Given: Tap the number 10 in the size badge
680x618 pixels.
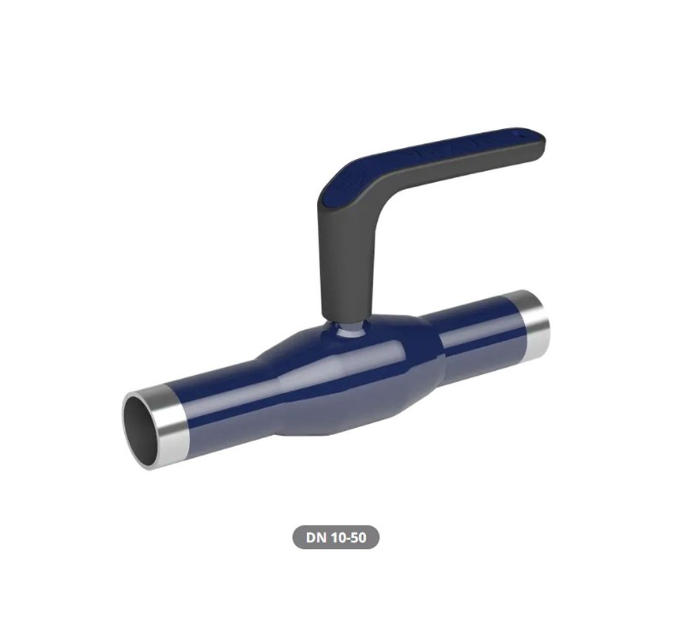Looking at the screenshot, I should pos(339,538).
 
